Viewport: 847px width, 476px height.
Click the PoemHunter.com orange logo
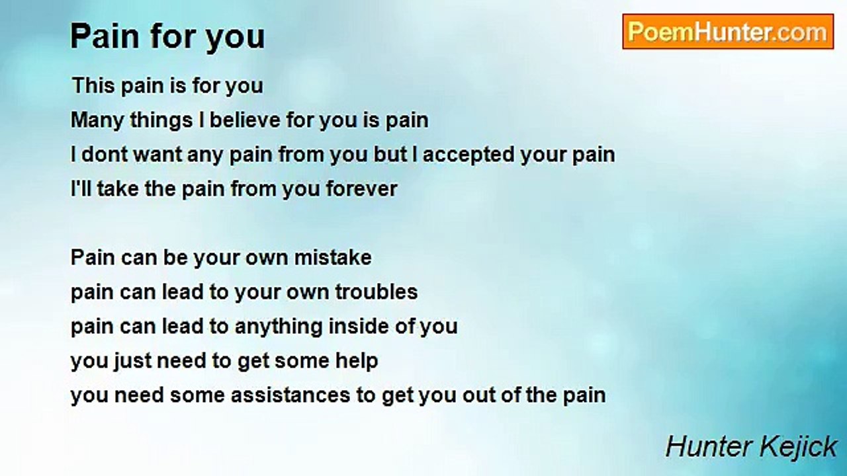(728, 32)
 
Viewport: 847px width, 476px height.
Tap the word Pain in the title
(105, 36)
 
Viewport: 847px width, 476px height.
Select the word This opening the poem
(93, 85)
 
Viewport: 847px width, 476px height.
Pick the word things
(161, 121)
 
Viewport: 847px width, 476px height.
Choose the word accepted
(468, 155)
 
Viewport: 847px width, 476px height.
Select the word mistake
(333, 258)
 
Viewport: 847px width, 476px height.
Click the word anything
(279, 327)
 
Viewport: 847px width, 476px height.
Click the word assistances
(290, 395)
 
